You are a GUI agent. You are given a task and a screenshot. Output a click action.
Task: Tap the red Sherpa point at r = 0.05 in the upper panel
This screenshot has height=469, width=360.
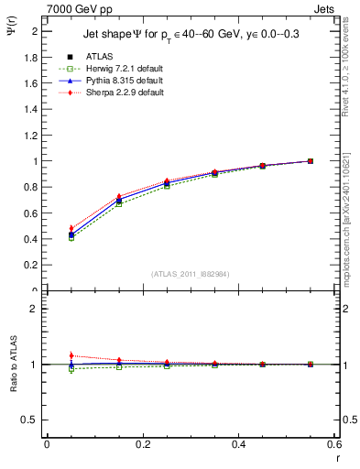pos(71,228)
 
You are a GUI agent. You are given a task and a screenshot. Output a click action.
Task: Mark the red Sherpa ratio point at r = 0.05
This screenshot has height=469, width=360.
pos(71,355)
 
